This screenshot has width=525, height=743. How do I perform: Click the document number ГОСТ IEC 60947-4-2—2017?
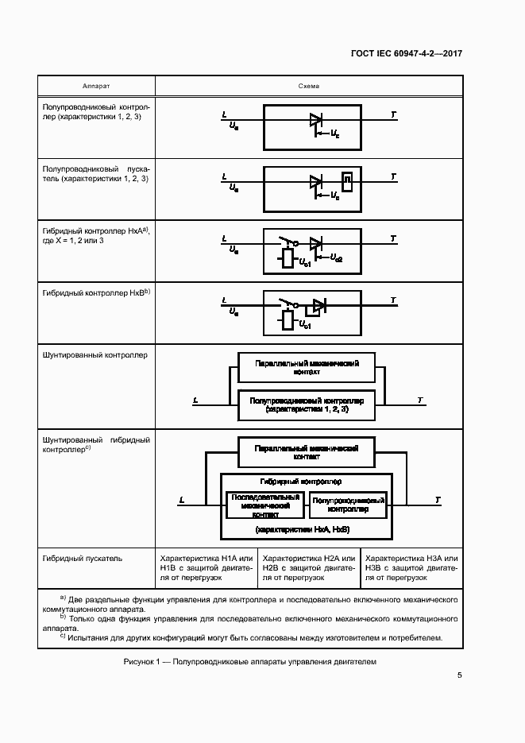[406, 54]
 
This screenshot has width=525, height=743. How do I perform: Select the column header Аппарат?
[96, 86]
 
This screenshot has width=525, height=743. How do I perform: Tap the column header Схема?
[309, 86]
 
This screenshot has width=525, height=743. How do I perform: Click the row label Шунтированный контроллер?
[95, 355]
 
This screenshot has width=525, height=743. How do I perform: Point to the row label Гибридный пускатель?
[83, 558]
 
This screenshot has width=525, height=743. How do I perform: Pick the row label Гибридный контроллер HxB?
[95, 293]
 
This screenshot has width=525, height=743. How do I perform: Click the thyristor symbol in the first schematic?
[315, 121]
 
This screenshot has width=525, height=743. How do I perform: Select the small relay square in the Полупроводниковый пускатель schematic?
[346, 179]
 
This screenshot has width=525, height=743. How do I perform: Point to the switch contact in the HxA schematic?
[287, 241]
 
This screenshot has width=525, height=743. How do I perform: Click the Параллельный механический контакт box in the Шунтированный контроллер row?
[307, 366]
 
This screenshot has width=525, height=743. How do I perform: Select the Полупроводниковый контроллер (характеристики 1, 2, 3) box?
[307, 405]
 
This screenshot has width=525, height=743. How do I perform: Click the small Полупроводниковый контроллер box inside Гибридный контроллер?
[348, 505]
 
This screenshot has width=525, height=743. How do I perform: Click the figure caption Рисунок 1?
[250, 662]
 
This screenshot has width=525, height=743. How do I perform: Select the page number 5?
[460, 675]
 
